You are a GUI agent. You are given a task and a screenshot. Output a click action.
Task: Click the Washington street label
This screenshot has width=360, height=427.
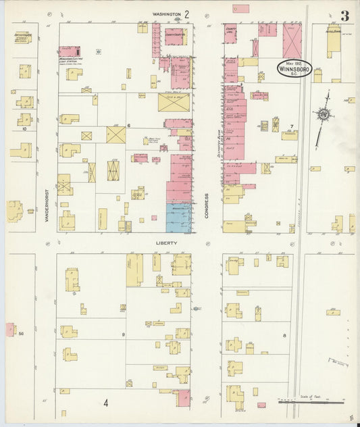167,14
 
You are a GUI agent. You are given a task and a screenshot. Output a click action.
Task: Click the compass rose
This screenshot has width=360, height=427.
324,115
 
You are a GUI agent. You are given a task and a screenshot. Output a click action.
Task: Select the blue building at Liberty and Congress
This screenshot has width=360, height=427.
178,218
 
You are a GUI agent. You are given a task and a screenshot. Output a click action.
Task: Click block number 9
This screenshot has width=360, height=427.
124,334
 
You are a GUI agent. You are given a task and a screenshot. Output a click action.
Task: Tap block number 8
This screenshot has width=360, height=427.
284,335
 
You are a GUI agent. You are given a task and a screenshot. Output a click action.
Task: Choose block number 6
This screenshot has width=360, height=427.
128,126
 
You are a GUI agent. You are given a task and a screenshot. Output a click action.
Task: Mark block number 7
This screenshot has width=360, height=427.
291,126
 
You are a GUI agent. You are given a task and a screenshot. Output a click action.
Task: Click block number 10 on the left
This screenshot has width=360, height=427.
24,128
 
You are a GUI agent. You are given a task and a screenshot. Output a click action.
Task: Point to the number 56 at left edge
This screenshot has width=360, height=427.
21,333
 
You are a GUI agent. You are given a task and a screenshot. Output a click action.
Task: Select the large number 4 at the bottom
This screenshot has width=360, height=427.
106,403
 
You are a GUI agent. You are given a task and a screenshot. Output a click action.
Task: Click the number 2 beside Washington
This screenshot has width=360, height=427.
187,14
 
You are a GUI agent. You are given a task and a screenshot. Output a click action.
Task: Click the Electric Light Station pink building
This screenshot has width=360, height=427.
69,51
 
